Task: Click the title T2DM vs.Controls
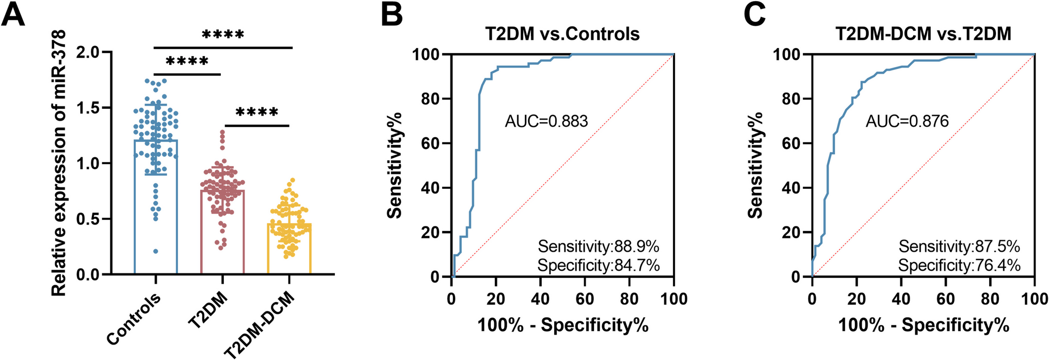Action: point(562,34)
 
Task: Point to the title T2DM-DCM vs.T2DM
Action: point(923,34)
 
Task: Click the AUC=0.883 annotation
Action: point(546,121)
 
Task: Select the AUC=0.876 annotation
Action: point(907,121)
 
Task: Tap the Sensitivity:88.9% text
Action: point(599,247)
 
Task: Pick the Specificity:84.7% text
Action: point(599,266)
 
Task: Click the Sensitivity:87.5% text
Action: point(959,247)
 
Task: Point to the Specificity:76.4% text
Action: point(959,266)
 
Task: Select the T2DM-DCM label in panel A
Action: point(260,324)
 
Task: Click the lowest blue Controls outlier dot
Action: point(155,251)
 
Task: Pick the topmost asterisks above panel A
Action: point(223,35)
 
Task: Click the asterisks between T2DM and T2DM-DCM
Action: point(257,112)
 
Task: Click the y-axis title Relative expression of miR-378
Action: point(59,162)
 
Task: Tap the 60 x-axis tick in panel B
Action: point(585,299)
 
